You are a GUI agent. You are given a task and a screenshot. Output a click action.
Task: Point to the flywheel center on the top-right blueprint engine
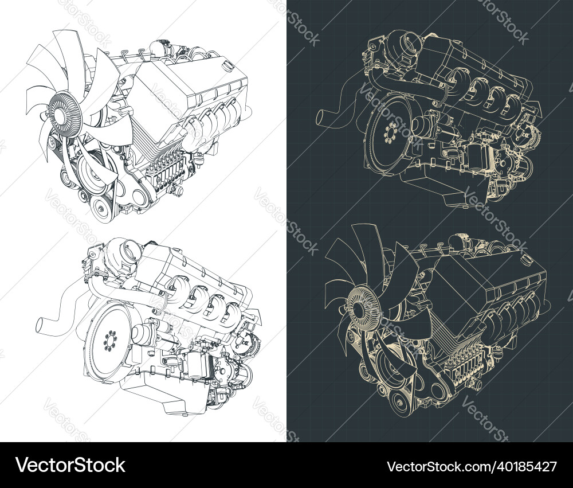[390, 133]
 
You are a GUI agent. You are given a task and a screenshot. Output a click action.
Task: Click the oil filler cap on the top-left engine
[229, 67]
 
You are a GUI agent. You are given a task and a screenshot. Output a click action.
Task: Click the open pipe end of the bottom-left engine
[41, 326]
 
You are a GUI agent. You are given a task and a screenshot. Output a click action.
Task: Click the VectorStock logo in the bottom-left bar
[70, 465]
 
